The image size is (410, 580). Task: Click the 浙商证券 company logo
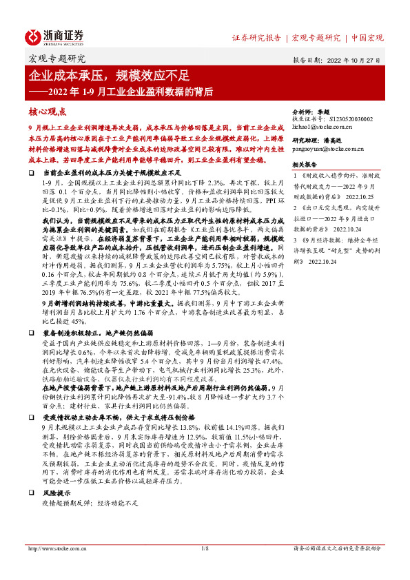(x=55, y=37)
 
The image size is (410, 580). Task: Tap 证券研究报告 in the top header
(x=256, y=37)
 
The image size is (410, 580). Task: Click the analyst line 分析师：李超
(x=314, y=110)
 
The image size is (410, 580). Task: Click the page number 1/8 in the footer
(x=205, y=548)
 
